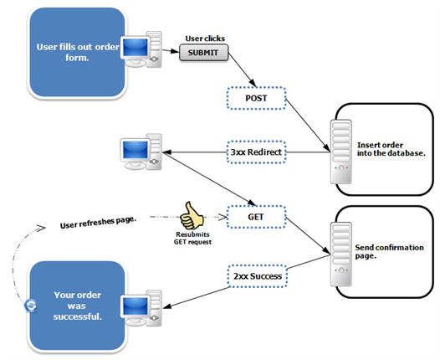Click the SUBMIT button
pyautogui.click(x=203, y=54)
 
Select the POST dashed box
pyautogui.click(x=255, y=99)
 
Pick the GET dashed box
pyautogui.click(x=257, y=215)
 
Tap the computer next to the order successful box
pyautogui.click(x=142, y=306)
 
